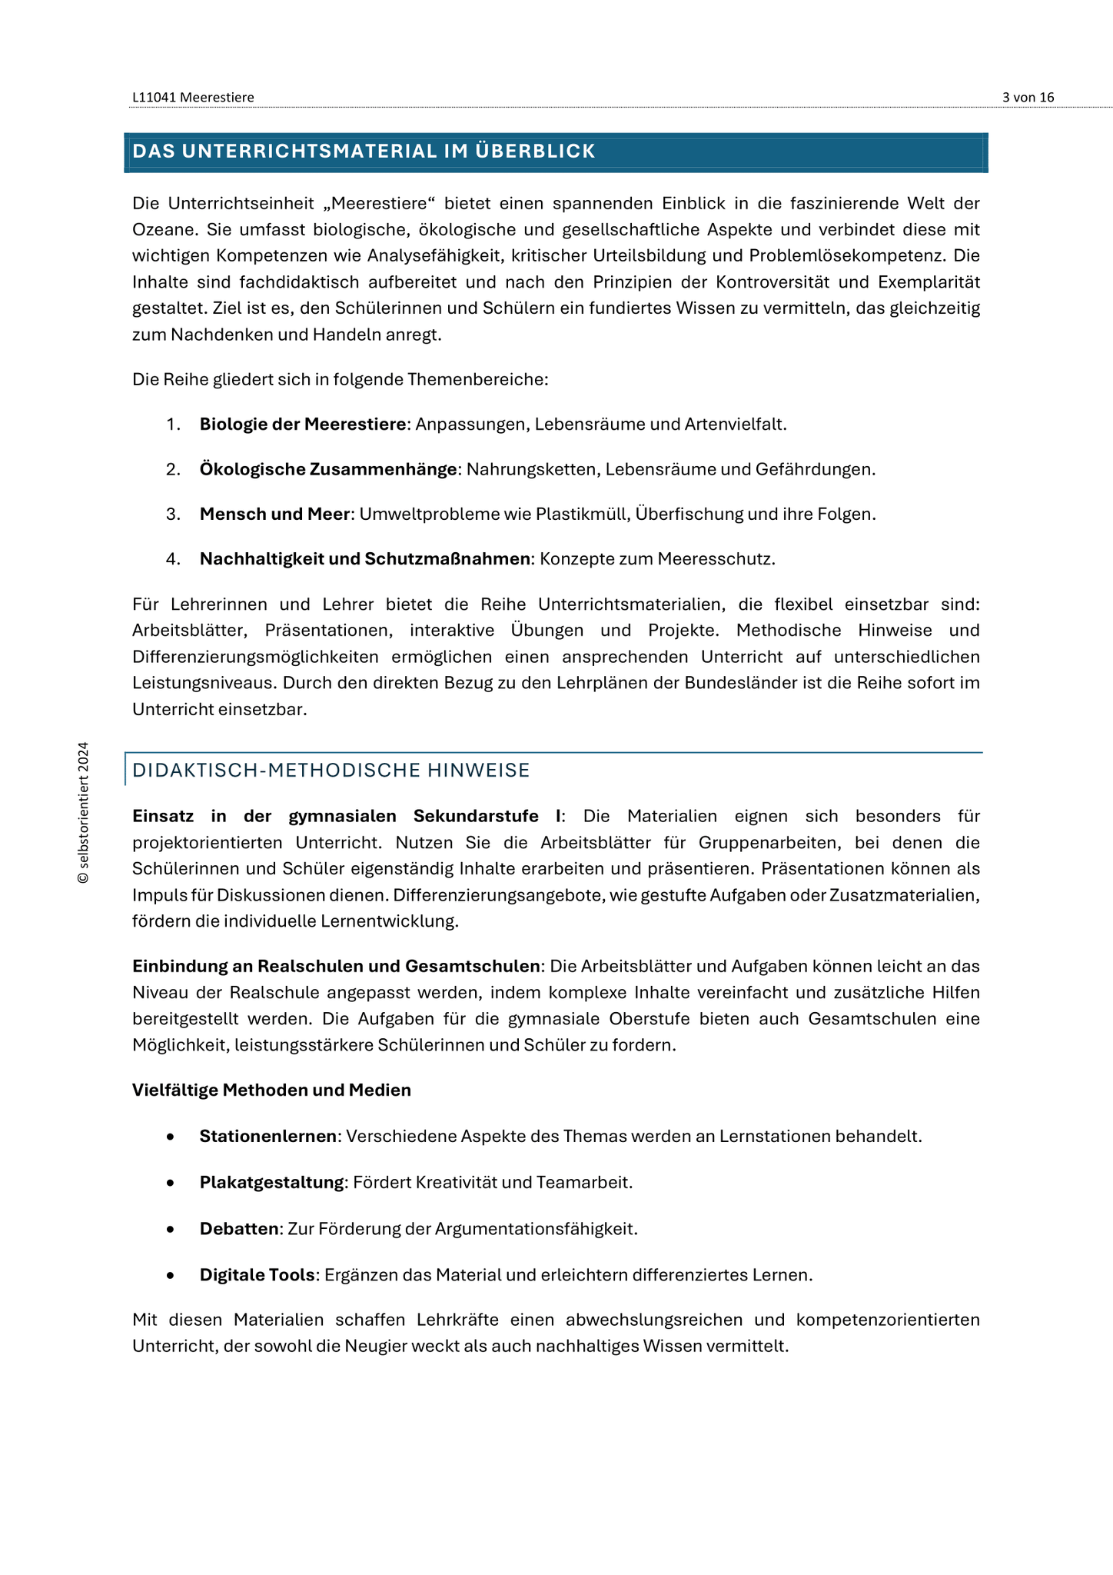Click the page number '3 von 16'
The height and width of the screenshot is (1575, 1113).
pos(1028,97)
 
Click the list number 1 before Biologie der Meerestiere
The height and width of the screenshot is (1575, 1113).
pos(172,425)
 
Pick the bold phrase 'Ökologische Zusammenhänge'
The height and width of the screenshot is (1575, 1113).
pos(328,469)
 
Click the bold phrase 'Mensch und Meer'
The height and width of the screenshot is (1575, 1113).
pos(274,514)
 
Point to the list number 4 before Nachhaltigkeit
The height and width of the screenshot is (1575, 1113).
pos(172,559)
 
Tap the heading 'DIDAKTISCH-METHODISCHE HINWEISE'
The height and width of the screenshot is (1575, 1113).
pos(331,771)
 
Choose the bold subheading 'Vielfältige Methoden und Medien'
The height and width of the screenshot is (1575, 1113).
pos(271,1091)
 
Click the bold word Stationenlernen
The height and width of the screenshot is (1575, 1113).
pos(268,1137)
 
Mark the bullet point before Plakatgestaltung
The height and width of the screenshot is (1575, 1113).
pos(170,1183)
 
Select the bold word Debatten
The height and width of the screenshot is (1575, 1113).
pos(239,1229)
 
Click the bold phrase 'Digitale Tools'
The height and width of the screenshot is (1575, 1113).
pos(257,1275)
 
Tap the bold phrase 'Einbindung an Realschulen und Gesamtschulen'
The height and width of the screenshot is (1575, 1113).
pos(336,967)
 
